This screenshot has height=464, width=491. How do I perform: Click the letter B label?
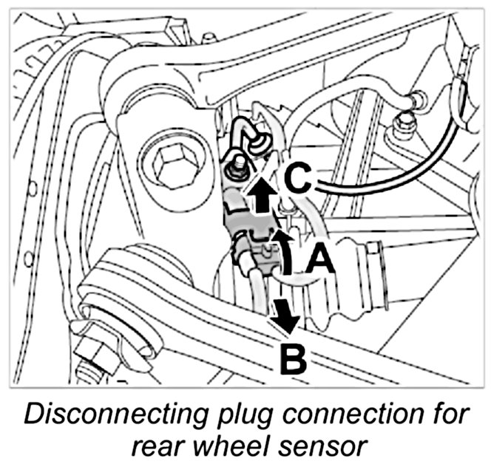292,360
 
